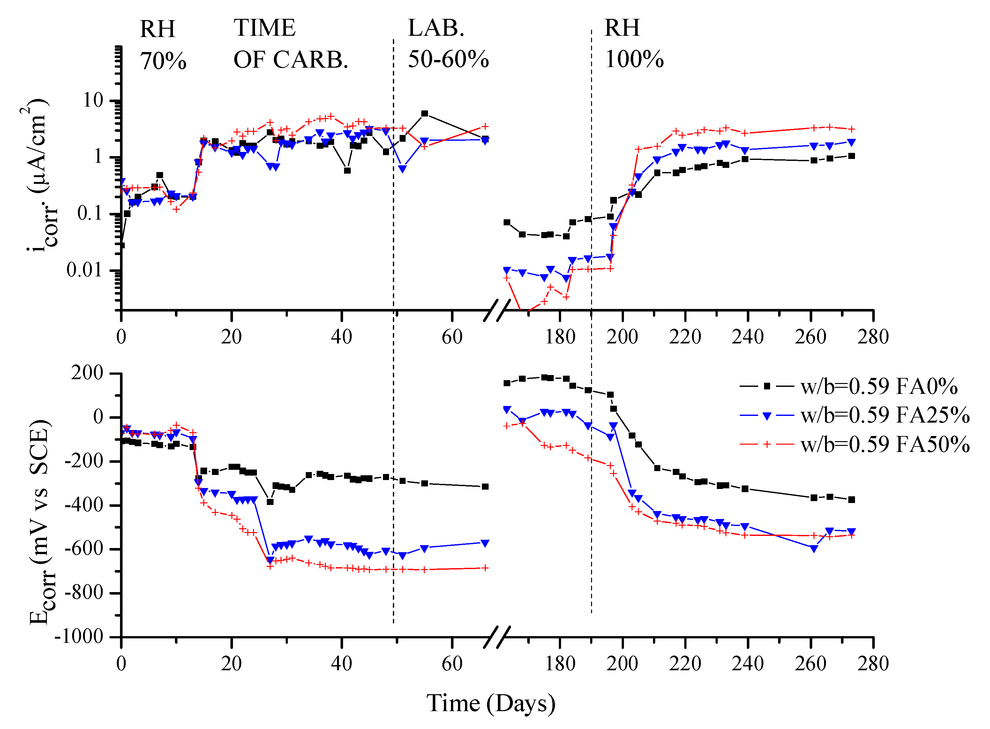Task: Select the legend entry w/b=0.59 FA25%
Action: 854,415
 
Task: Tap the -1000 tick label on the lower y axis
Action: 79,636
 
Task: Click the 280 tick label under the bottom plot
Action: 873,664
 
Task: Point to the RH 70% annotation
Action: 163,45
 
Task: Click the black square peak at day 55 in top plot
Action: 424,113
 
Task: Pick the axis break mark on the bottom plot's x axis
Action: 497,637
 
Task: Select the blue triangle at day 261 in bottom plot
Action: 814,549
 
